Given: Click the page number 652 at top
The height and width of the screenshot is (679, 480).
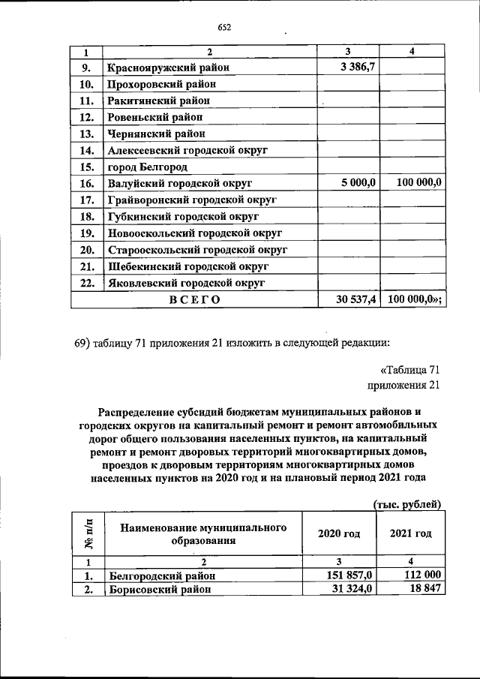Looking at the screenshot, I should pyautogui.click(x=224, y=28).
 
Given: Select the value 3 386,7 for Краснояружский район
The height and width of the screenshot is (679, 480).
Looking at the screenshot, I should pyautogui.click(x=358, y=68).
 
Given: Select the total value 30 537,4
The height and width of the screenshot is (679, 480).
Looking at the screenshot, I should pyautogui.click(x=355, y=299).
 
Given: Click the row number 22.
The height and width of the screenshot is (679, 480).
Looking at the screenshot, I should pyautogui.click(x=86, y=282).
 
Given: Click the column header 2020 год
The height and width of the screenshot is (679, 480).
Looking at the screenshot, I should pyautogui.click(x=338, y=533).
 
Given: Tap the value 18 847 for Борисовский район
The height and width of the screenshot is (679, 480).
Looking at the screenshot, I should pyautogui.click(x=424, y=590).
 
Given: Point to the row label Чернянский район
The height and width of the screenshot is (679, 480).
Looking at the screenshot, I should pyautogui.click(x=156, y=134).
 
